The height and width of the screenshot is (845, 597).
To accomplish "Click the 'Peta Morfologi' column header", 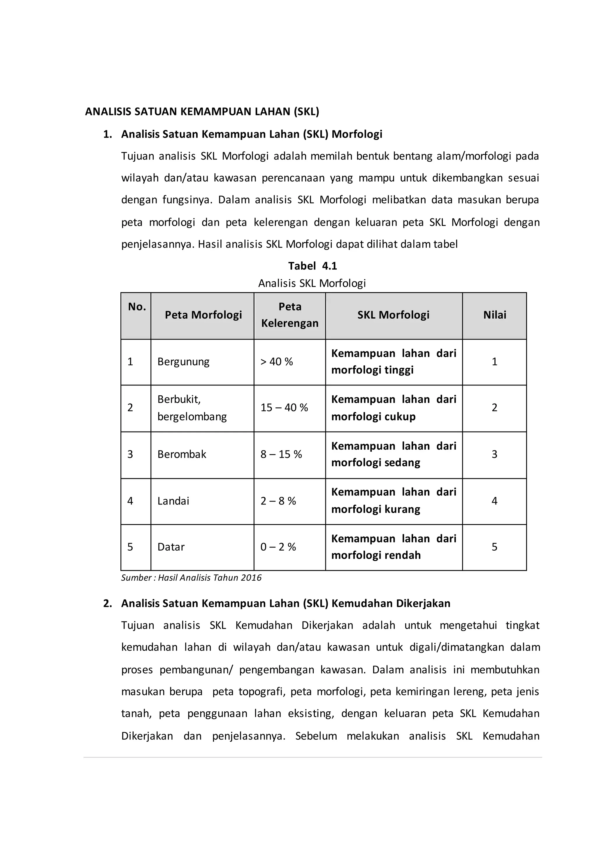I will [203, 315].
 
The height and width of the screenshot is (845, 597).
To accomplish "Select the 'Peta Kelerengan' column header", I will [290, 315].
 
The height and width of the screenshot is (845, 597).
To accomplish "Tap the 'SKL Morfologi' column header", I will [393, 315].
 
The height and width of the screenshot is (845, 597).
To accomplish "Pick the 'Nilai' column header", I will [494, 315].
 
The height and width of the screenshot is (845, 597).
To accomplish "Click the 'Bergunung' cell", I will [183, 362].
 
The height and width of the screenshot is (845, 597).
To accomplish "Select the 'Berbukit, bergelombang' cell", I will [192, 408].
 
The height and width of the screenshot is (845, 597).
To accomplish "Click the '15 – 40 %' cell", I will [284, 408].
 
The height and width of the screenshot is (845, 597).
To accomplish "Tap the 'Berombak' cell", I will [182, 455].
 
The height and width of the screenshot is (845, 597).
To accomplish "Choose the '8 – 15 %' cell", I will [281, 455].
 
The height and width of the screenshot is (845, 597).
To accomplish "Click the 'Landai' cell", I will [173, 501].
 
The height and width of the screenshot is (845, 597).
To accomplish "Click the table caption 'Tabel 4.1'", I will [312, 266].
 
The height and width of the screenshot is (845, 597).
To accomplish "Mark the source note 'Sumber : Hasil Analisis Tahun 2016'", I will [191, 578].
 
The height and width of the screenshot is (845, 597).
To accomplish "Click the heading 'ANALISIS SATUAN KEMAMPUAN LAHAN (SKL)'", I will [202, 111].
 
